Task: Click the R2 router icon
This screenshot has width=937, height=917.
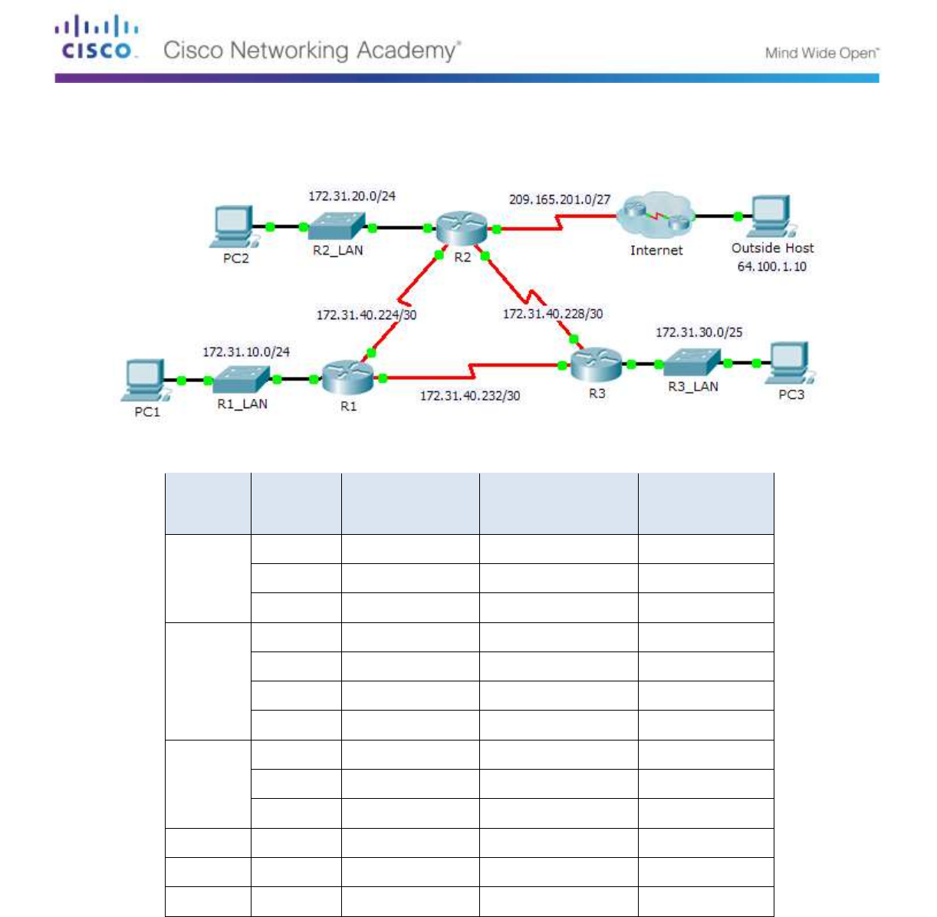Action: click(462, 228)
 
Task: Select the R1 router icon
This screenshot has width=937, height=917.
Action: click(347, 376)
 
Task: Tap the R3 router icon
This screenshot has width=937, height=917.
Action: click(596, 364)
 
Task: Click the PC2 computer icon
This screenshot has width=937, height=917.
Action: click(233, 226)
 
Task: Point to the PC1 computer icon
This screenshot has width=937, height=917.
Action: click(146, 380)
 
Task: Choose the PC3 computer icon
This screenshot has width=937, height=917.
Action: click(790, 363)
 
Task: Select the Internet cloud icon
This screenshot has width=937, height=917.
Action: click(656, 216)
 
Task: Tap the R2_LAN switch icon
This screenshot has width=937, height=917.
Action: click(337, 226)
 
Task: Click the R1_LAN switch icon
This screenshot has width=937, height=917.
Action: click(242, 379)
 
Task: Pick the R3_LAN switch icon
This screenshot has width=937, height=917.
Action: click(692, 363)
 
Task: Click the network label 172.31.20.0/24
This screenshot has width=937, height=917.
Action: click(352, 196)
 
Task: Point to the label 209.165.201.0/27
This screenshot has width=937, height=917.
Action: click(560, 200)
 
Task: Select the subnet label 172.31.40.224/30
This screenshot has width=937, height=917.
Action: click(366, 315)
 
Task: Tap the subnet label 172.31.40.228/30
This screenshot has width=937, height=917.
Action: click(552, 314)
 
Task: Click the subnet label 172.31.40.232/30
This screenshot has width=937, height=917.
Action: click(469, 396)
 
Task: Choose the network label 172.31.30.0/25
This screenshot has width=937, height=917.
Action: click(699, 332)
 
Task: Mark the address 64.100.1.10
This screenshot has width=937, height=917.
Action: click(771, 267)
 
